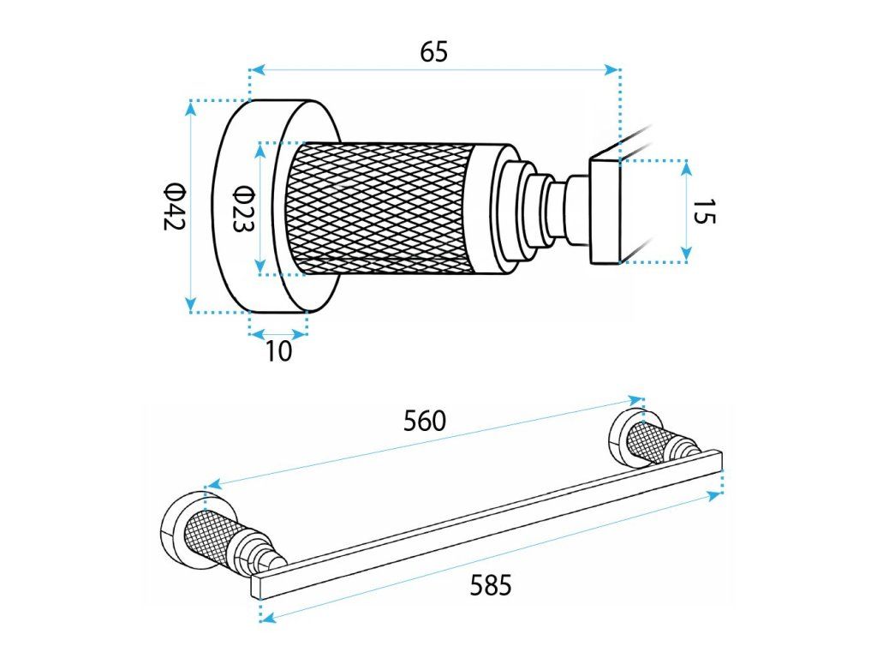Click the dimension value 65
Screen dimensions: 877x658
pyautogui.click(x=433, y=52)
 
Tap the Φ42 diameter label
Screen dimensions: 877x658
pyautogui.click(x=175, y=206)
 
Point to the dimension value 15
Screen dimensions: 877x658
pyautogui.click(x=703, y=211)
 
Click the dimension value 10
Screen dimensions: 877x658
pyautogui.click(x=278, y=350)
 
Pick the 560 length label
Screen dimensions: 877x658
pyautogui.click(x=426, y=421)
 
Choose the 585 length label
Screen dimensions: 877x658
pyautogui.click(x=491, y=586)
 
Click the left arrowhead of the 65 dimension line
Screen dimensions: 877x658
pyautogui.click(x=254, y=70)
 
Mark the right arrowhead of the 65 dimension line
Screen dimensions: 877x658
pyautogui.click(x=614, y=70)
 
